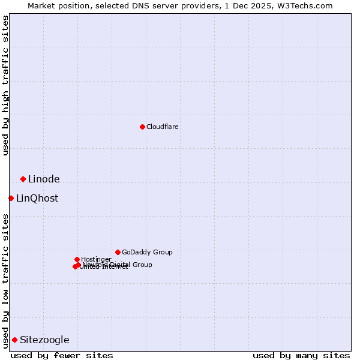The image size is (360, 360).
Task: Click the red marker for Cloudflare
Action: tap(142, 127)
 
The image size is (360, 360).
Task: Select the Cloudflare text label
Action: tap(163, 127)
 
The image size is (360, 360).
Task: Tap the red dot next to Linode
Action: tap(23, 179)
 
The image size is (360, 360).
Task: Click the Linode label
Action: tap(44, 179)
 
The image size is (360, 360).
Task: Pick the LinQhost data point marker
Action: tap(11, 198)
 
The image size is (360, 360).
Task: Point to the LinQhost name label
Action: tap(37, 198)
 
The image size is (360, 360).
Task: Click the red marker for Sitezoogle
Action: tap(14, 340)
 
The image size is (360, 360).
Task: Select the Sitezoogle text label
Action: tap(44, 340)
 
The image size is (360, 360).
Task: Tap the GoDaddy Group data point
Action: tap(118, 252)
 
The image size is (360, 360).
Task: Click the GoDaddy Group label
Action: tap(147, 252)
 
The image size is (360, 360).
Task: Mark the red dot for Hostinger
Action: tap(77, 259)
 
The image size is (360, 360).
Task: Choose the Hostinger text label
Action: tap(96, 259)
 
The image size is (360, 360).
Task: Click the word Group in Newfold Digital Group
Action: tap(142, 265)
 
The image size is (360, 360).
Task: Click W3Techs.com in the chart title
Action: tap(307, 5)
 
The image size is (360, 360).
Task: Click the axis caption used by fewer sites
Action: tap(62, 355)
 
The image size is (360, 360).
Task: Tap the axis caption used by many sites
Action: tap(301, 355)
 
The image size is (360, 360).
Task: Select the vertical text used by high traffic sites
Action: tap(5, 85)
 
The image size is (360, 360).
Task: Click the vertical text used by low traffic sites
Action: tap(5, 281)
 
